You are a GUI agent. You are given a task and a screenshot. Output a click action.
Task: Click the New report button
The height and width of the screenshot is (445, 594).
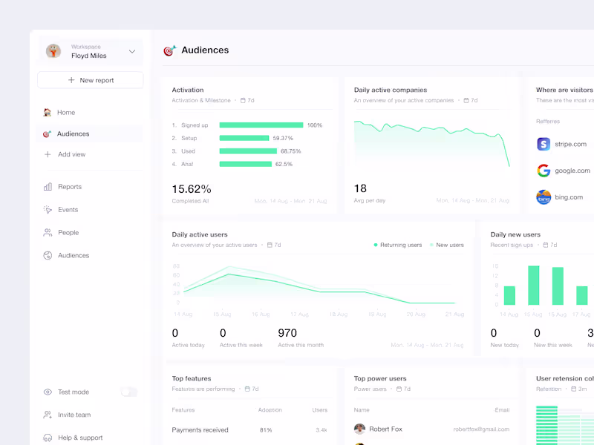click(90, 80)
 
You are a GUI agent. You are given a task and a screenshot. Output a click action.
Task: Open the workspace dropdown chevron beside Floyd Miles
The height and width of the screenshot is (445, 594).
click(132, 51)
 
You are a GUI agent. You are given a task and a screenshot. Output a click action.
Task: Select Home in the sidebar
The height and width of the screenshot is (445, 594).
click(66, 113)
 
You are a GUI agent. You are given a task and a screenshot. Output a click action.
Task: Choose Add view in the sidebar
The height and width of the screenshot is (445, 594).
click(71, 154)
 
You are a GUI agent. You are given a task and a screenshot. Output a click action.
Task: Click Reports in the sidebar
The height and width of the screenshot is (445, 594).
click(70, 187)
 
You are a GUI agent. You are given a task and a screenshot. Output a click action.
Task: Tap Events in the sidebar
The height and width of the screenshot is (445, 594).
click(68, 210)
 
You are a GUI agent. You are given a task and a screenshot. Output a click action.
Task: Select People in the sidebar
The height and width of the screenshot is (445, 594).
click(68, 233)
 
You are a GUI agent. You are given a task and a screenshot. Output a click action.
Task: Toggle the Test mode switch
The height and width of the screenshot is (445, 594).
click(129, 392)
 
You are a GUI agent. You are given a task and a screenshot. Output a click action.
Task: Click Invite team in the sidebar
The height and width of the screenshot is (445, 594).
click(74, 415)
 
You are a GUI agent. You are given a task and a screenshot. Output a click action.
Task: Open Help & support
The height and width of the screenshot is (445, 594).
click(80, 438)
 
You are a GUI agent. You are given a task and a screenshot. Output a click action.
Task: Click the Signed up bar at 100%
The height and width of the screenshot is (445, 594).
click(261, 125)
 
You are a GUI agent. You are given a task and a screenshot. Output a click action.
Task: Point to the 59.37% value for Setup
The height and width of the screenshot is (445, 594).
click(283, 138)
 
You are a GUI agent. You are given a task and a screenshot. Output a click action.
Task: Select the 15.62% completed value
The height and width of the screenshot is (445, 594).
click(192, 189)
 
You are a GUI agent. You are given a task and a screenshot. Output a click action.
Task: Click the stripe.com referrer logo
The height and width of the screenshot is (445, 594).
click(544, 144)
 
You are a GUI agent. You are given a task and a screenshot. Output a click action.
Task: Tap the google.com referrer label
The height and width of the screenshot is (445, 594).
click(572, 171)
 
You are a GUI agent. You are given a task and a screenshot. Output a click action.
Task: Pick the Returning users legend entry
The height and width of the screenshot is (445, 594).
click(400, 245)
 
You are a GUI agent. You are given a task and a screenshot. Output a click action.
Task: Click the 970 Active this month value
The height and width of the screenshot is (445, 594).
click(287, 333)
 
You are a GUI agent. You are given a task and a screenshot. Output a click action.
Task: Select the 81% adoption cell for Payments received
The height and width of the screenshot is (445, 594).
click(265, 430)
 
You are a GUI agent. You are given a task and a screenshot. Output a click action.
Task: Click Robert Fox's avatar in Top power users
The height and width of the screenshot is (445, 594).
click(359, 429)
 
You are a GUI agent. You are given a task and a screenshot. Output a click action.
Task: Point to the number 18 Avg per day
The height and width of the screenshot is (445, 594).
click(360, 188)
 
